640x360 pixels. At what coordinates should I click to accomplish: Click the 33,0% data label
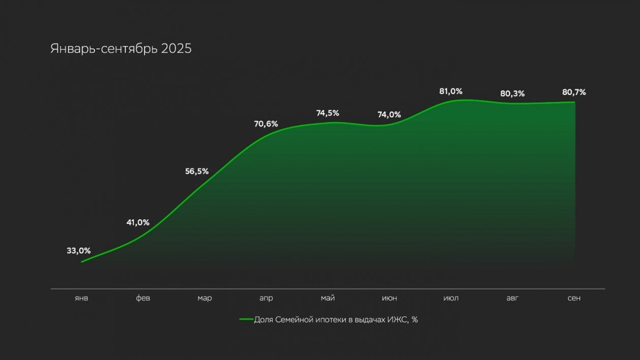click(79, 250)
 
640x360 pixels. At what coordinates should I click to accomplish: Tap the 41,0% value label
click(138, 222)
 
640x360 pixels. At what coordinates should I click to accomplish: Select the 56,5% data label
click(197, 171)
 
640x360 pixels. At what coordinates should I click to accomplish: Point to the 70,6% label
click(266, 124)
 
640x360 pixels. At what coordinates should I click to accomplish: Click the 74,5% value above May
click(328, 113)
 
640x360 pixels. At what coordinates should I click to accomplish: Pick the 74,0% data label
click(389, 115)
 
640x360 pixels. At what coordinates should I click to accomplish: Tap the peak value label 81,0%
click(451, 91)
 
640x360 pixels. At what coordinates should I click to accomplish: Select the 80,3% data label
click(513, 94)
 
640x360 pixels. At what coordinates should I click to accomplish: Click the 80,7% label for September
click(574, 92)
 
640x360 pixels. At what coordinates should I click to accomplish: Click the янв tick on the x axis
click(81, 298)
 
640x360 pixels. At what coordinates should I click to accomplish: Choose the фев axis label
click(143, 298)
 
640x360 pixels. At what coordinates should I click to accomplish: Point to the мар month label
click(205, 298)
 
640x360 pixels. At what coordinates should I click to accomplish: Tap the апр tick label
click(266, 298)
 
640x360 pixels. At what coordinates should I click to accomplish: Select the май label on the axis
click(328, 298)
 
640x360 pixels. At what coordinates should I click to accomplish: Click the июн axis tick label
click(389, 298)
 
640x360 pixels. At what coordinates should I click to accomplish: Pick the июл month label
click(451, 298)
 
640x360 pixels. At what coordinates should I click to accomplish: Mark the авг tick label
click(513, 298)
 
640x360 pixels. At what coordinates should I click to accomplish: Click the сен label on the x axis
click(574, 298)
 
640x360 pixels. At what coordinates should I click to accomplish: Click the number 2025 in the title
click(176, 49)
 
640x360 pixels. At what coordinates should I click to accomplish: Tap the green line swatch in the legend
click(246, 320)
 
